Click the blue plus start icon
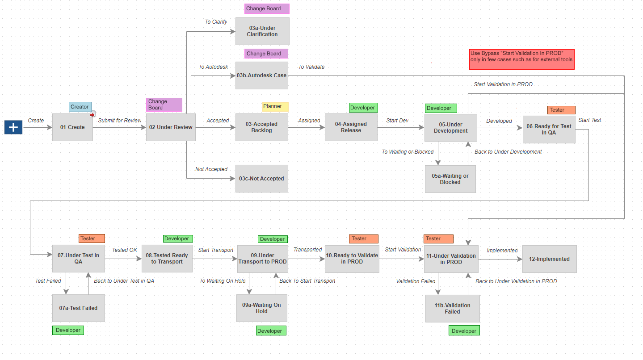pyautogui.click(x=13, y=127)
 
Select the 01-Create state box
pyautogui.click(x=72, y=127)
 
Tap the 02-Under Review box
pyautogui.click(x=171, y=127)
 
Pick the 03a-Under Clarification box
pyautogui.click(x=262, y=31)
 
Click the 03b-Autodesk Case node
pyautogui.click(x=262, y=75)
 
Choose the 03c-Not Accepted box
pyautogui.click(x=261, y=179)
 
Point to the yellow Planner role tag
pyautogui.click(x=275, y=107)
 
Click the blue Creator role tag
pyautogui.click(x=80, y=107)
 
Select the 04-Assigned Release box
pyautogui.click(x=351, y=127)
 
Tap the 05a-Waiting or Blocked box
pyautogui.click(x=450, y=179)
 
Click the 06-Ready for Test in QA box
pyautogui.click(x=549, y=130)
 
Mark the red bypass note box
pyautogui.click(x=521, y=59)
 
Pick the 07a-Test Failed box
pyautogui.click(x=78, y=308)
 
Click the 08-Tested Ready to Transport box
pyautogui.click(x=167, y=259)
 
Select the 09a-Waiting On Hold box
pyautogui.click(x=261, y=308)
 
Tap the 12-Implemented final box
pyautogui.click(x=549, y=259)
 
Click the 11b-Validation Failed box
pyautogui.click(x=452, y=309)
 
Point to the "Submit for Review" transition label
pyautogui.click(x=120, y=121)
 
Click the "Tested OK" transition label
pyautogui.click(x=124, y=250)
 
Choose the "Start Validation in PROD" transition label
pyautogui.click(x=503, y=84)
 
